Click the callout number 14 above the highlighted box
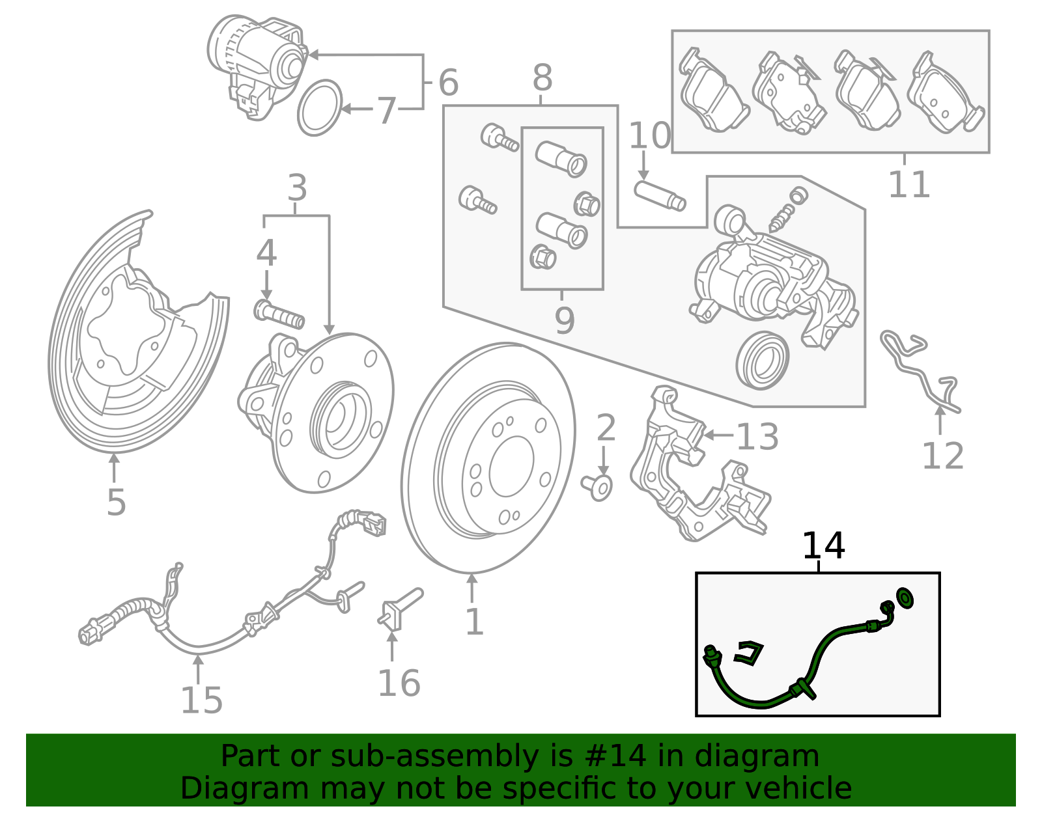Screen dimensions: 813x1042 tap(823, 546)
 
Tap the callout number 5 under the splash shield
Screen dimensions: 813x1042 tap(116, 503)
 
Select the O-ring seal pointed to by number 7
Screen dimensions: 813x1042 tap(320, 107)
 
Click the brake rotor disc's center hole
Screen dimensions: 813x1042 tap(511, 466)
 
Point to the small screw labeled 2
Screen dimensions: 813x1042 tap(598, 486)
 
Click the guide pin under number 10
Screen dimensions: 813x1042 tap(660, 195)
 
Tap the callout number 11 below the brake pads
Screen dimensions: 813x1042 tap(909, 185)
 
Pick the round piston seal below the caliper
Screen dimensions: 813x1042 tap(762, 360)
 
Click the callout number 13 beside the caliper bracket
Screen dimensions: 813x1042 tap(757, 437)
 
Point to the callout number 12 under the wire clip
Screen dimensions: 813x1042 tap(942, 456)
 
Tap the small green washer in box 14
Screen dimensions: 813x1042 tap(905, 598)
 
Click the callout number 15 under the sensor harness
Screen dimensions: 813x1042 tap(201, 700)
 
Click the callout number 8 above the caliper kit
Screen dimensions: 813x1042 tap(542, 78)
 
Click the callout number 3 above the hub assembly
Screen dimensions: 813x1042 tap(297, 189)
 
